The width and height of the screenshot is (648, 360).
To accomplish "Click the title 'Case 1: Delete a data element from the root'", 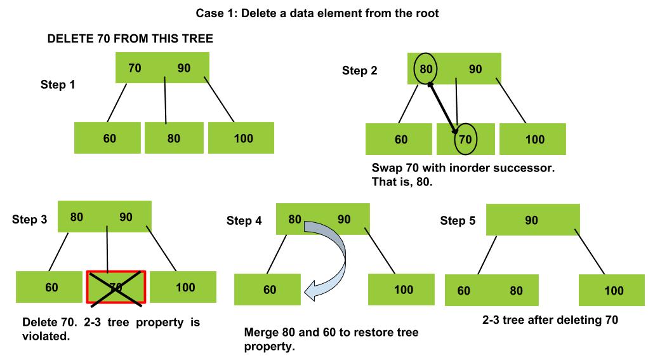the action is (317, 13).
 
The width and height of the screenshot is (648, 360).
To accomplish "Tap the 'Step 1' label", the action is (58, 84).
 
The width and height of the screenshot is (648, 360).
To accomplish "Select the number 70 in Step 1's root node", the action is (135, 68).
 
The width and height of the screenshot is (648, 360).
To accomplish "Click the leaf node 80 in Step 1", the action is (174, 138).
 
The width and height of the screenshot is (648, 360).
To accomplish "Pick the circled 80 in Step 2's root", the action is (426, 69).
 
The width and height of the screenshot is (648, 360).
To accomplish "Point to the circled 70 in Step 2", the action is (465, 139).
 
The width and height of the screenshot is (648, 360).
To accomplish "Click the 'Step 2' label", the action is (359, 70).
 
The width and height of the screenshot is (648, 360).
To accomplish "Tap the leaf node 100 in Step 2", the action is (532, 139).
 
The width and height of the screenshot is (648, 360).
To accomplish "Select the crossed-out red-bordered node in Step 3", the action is (116, 287).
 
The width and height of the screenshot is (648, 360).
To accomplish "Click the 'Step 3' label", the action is (29, 220).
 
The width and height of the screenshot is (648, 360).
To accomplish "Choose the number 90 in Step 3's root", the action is (126, 217).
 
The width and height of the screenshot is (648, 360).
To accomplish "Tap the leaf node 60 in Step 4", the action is (267, 290).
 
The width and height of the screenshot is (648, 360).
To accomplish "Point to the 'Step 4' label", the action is (244, 221).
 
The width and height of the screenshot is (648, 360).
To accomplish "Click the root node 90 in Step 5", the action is (533, 220).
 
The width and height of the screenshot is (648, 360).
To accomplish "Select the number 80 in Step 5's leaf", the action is (516, 291).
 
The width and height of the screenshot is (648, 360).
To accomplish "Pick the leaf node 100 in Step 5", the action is (612, 290).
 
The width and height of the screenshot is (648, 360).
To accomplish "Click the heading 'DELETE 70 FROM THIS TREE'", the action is (130, 39).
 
